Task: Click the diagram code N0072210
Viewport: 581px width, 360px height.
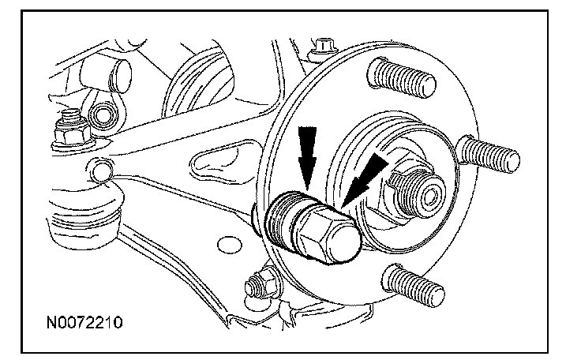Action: point(84,323)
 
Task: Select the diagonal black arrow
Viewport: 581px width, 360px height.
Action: point(364,180)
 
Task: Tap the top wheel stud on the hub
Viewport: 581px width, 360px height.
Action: point(402,78)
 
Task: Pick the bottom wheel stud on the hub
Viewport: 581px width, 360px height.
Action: point(413,286)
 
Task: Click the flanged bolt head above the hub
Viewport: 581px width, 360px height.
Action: point(323,49)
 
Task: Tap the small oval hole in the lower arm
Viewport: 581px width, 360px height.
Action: point(230,246)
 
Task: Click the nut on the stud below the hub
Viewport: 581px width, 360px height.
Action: point(261,285)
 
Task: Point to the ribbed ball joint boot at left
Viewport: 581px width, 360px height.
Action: point(85,215)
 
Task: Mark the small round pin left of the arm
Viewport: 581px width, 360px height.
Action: point(101,170)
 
